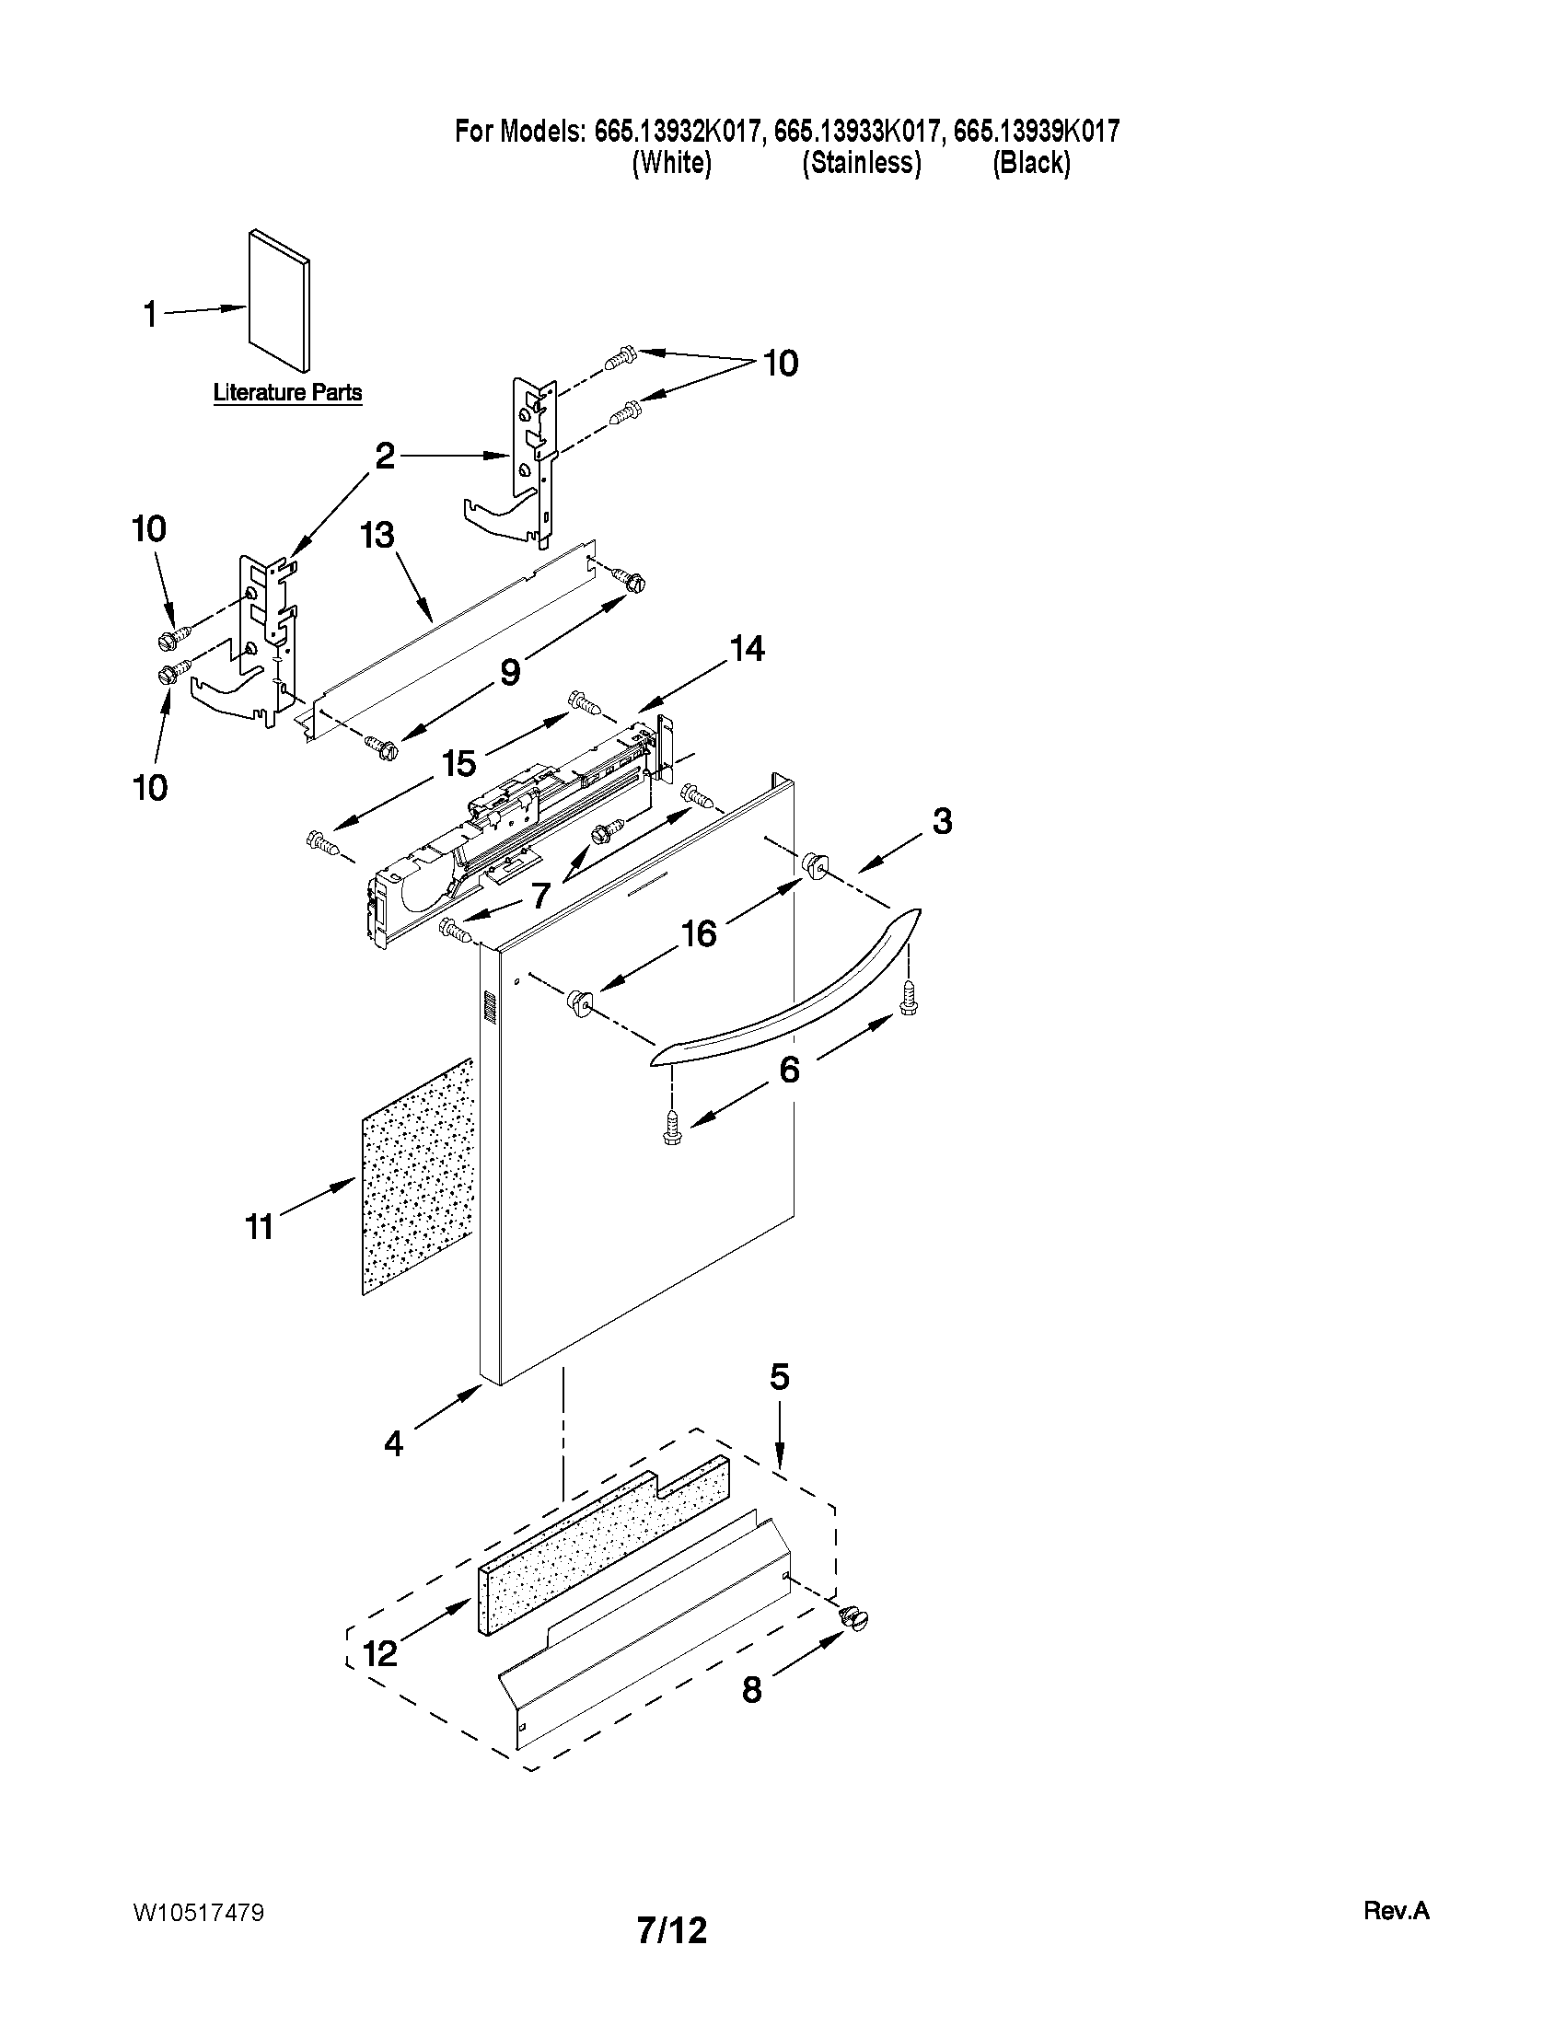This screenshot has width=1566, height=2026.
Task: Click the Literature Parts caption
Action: click(x=287, y=392)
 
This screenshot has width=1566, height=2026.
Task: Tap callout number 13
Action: click(x=377, y=536)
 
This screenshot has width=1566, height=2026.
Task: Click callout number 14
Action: click(x=747, y=648)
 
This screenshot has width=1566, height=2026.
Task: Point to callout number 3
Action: click(x=942, y=821)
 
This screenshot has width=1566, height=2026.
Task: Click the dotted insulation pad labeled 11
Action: click(x=417, y=1178)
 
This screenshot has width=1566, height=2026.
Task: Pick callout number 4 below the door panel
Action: click(x=394, y=1443)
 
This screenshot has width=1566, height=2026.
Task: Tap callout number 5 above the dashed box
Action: click(x=779, y=1377)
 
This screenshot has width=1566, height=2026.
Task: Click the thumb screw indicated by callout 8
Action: click(x=853, y=1618)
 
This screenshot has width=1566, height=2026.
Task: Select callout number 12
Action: click(x=380, y=1652)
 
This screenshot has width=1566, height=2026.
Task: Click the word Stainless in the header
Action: click(x=861, y=163)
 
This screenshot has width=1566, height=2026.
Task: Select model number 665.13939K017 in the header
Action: click(x=1037, y=132)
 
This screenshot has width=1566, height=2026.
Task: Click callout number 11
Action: click(x=260, y=1226)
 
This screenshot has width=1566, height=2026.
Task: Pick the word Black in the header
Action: click(x=1031, y=163)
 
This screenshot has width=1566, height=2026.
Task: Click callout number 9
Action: click(x=510, y=672)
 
